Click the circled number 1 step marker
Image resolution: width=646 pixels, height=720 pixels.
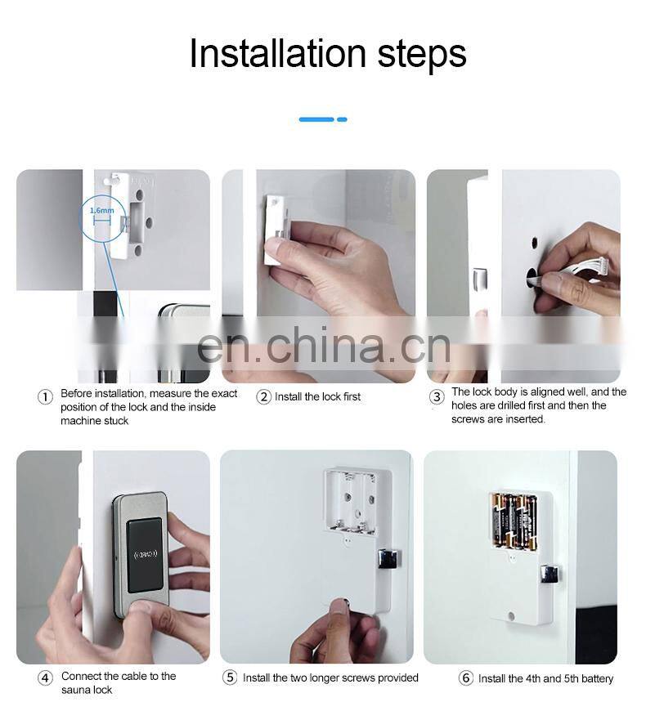pyautogui.click(x=46, y=397)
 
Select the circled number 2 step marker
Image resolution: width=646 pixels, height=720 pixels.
pyautogui.click(x=263, y=397)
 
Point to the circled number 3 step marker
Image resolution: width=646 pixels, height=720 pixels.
pyautogui.click(x=437, y=397)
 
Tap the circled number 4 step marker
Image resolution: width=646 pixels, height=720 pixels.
pyautogui.click(x=46, y=678)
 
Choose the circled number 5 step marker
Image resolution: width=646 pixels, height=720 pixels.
pyautogui.click(x=230, y=678)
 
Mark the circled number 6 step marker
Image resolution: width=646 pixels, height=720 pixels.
pyautogui.click(x=466, y=678)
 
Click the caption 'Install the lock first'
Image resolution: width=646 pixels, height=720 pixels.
pyautogui.click(x=317, y=397)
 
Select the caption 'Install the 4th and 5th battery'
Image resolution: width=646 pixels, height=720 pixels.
pyautogui.click(x=545, y=678)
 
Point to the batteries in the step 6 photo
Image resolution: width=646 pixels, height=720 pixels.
pyautogui.click(x=513, y=520)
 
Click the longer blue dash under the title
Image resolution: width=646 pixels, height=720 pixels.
pyautogui.click(x=316, y=119)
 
